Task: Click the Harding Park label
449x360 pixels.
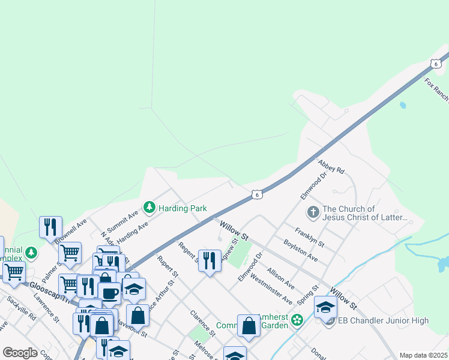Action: pos(182,208)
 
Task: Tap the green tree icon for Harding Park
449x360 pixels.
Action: pos(149,208)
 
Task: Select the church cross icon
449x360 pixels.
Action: pos(312,212)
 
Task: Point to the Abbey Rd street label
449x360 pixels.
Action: pos(331,166)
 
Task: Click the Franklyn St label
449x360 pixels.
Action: pos(309,237)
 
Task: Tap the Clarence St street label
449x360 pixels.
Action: pos(202,322)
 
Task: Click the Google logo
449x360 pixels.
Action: pos(20,352)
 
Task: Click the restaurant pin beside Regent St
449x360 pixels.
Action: pos(209,260)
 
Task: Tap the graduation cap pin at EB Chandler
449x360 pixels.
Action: pos(325,307)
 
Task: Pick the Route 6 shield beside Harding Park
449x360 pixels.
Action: pos(256,194)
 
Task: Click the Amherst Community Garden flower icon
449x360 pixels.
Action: pos(296,321)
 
